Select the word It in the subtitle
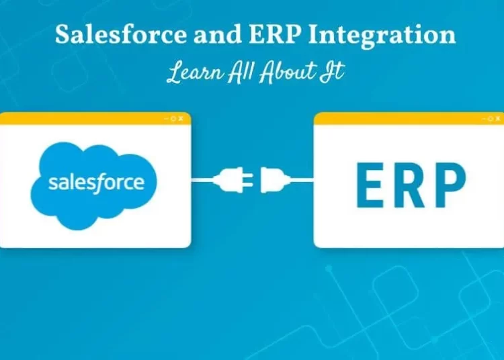[335, 73]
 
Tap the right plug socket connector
[274, 180]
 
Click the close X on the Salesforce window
[181, 118]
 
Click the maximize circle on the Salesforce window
[173, 118]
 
